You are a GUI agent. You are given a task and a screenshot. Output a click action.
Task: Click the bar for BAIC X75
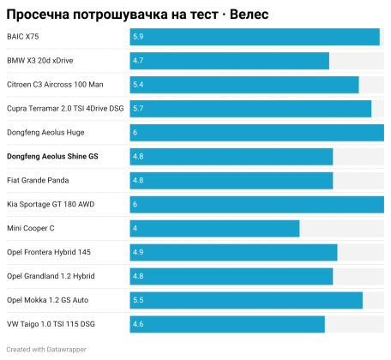[255, 37]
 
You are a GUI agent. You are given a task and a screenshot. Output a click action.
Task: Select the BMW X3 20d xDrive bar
[230, 61]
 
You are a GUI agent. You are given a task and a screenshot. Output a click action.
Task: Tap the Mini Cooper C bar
[214, 229]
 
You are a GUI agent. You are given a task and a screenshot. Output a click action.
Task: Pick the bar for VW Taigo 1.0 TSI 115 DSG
[227, 324]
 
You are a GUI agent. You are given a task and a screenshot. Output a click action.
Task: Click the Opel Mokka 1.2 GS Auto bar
[246, 300]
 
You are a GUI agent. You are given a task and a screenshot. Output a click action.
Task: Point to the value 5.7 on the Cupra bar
[138, 109]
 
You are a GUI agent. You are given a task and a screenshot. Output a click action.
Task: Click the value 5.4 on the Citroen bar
[138, 85]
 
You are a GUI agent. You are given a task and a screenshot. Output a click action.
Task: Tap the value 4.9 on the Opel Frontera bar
[138, 252]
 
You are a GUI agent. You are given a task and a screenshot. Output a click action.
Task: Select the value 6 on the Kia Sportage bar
[135, 205]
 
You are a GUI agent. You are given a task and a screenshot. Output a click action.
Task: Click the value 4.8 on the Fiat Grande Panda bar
[138, 181]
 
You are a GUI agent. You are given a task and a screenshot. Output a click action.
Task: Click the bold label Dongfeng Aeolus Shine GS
[52, 157]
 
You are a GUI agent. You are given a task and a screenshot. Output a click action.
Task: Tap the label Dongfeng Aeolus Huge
[45, 133]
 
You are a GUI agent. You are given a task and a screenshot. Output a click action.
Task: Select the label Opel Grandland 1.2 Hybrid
[51, 276]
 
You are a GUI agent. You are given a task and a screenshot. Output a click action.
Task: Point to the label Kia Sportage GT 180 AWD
[51, 205]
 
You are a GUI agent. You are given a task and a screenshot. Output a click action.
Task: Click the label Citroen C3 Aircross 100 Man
[55, 85]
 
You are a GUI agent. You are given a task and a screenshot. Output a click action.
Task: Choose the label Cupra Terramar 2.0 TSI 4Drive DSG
[65, 109]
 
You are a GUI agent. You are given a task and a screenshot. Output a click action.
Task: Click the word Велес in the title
[250, 15]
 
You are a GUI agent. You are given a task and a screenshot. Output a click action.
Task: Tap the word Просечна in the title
[38, 15]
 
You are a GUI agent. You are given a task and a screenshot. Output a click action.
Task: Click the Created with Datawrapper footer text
[46, 350]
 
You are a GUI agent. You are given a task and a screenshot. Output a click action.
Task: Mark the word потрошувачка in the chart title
[121, 15]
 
